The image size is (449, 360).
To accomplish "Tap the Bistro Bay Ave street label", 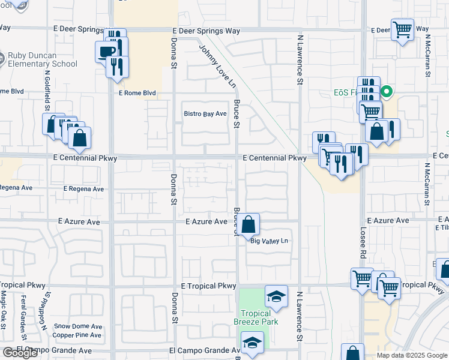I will (205, 113).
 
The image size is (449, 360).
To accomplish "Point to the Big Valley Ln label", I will (270, 241).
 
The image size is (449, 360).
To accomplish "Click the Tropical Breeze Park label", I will (256, 317).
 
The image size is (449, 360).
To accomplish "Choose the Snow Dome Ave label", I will (77, 326).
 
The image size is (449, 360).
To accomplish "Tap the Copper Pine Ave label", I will (77, 335).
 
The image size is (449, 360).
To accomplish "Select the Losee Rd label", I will (363, 242).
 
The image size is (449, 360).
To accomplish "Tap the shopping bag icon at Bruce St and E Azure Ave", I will (249, 225).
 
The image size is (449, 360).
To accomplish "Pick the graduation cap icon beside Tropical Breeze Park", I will (276, 296).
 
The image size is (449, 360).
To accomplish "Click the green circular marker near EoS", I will (387, 92).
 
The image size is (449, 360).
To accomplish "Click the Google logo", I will (20, 353).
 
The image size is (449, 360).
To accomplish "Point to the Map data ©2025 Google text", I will (412, 355).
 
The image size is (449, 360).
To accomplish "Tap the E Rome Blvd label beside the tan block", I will (137, 93).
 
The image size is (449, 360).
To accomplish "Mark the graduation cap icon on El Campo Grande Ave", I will (253, 344).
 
